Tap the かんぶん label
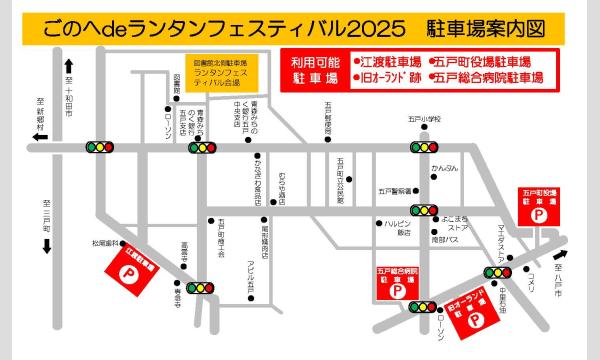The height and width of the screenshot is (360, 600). coord(444,168)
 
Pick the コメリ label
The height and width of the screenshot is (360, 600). coord(535,274)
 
